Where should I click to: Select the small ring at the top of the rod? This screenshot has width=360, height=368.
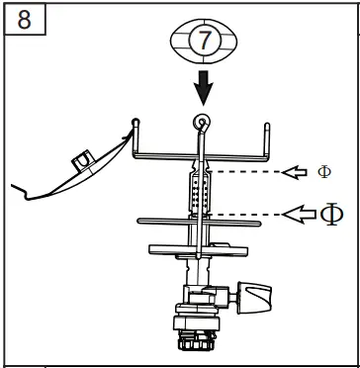(202, 122)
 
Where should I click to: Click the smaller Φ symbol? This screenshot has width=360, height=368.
(324, 171)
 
